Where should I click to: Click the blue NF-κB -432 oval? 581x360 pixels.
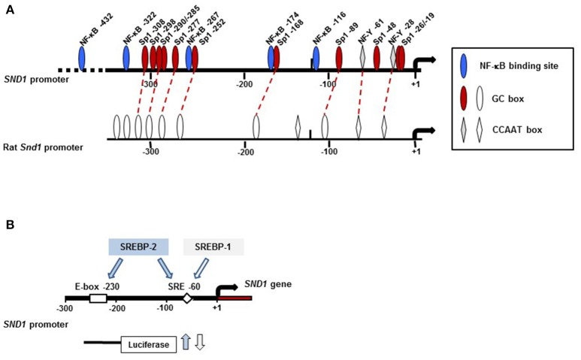[x=82, y=56]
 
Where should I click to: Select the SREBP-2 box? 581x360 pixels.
[x=138, y=247]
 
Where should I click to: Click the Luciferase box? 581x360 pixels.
[x=149, y=343]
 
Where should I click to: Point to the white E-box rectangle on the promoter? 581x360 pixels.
[x=98, y=298]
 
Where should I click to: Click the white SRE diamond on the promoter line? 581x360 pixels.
[x=187, y=298]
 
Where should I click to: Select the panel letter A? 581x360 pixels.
[x=9, y=8]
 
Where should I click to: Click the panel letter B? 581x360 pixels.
[x=9, y=224]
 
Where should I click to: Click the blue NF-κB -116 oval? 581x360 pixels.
[x=316, y=58]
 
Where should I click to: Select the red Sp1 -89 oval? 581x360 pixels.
[x=339, y=57]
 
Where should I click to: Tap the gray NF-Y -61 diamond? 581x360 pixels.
[x=363, y=57]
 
